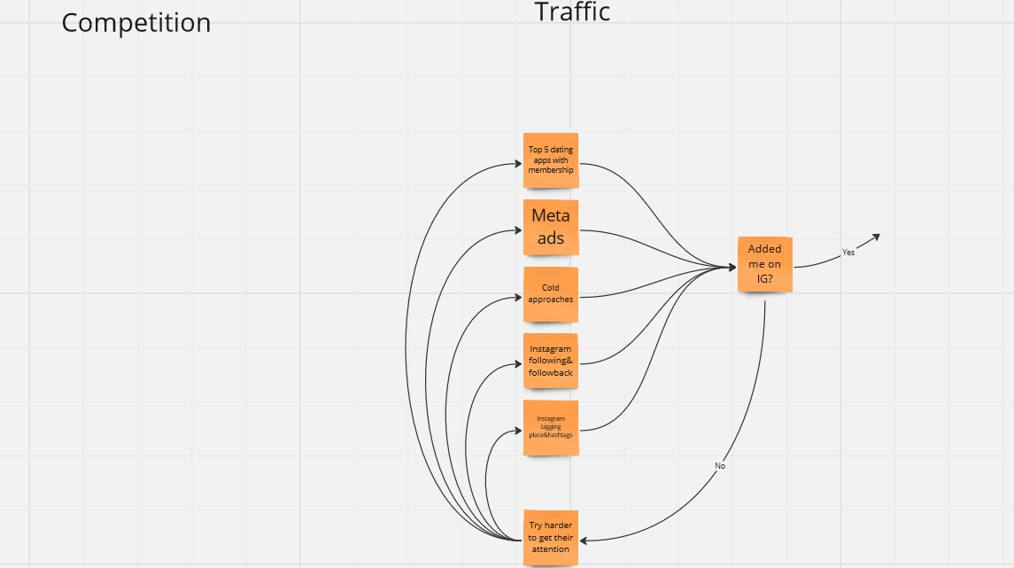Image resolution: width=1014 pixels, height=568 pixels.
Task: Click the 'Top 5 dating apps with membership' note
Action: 551,160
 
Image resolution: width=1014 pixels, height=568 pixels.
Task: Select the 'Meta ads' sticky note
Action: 551,227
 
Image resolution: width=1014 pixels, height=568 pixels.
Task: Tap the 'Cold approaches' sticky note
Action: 551,294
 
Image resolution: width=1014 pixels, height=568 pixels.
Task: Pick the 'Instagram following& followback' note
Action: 551,361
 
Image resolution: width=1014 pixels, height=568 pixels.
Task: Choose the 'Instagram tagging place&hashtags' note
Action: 551,428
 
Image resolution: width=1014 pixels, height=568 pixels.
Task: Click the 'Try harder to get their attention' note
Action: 551,538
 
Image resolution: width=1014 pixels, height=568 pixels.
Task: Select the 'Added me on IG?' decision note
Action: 765,264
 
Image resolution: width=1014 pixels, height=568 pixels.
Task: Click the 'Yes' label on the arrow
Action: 848,253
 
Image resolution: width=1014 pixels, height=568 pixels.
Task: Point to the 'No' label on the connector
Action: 720,466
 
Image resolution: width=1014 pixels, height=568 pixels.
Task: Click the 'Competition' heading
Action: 136,23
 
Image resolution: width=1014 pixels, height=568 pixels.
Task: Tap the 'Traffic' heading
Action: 572,12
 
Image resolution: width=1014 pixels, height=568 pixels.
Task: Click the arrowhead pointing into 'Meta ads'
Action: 518,230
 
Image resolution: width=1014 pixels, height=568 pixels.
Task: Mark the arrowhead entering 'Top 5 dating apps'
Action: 518,164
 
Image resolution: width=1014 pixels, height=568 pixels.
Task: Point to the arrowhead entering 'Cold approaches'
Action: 518,298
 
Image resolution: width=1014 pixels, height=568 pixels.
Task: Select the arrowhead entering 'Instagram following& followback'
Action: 518,364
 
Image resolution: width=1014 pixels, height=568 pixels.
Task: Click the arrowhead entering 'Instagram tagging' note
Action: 518,431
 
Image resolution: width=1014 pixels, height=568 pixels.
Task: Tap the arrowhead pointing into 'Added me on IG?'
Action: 732,267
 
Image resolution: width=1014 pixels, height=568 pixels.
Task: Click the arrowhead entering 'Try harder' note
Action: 584,541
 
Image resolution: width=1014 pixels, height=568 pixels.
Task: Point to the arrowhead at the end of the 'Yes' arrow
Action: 876,237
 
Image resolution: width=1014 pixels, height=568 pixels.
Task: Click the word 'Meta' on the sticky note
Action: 551,215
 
